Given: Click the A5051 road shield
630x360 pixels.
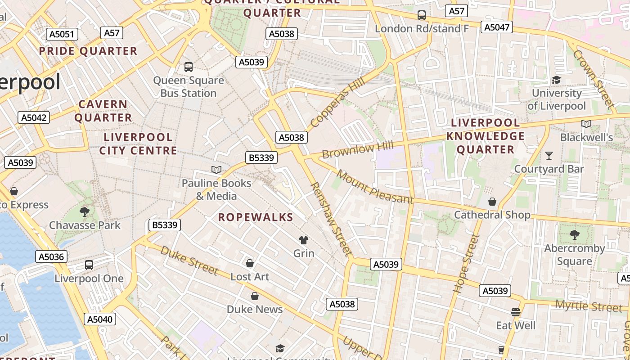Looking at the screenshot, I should point(63,34).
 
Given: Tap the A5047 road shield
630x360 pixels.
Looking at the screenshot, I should point(497,27).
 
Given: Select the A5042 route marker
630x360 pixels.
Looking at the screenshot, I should point(34,118).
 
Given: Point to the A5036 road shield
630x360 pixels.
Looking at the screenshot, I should point(51,256).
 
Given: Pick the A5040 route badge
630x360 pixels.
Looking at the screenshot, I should point(100,319).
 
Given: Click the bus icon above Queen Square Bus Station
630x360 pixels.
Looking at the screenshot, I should point(189,67).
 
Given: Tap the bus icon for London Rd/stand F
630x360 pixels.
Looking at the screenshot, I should point(422,15).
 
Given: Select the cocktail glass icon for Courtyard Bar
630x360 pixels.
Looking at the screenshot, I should point(549,156).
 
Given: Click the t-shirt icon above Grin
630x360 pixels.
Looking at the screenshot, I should point(304,240).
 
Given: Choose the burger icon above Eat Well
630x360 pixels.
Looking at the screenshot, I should point(516,312).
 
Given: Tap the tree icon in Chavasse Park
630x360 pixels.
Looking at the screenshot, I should point(84,212).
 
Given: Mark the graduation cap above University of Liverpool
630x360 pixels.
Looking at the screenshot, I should point(557,80).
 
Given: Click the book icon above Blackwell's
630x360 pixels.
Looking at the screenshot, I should point(586,124).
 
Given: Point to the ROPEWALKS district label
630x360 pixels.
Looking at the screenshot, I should point(256,217).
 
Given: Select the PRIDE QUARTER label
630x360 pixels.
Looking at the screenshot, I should point(88,51).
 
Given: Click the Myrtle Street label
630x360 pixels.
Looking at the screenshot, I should point(589,306).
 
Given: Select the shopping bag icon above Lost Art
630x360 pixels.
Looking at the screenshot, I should point(250,263).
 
